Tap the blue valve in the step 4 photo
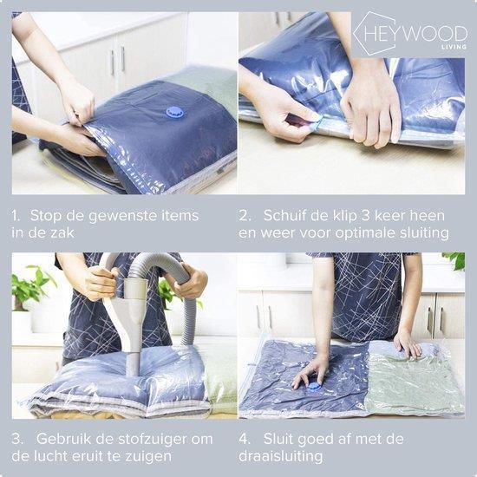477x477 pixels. (x=313, y=388)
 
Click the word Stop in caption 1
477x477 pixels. (x=46, y=216)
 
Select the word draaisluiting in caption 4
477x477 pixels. (x=280, y=456)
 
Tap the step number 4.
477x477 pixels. (x=244, y=439)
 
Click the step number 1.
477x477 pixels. (x=16, y=216)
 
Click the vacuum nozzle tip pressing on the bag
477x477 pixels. (x=134, y=369)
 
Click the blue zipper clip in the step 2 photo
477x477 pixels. (x=316, y=125)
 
